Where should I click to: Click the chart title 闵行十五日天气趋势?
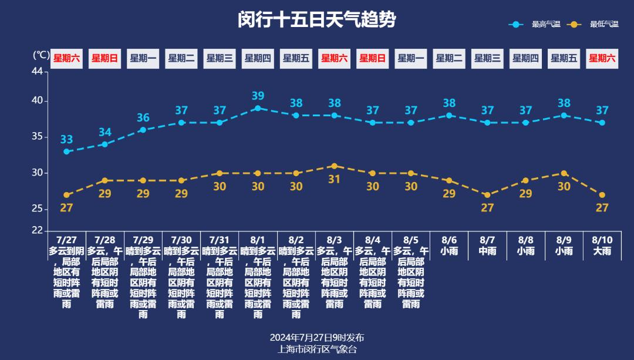coord(317,20)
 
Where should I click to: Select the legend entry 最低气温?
coord(604,24)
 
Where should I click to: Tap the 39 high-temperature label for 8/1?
coord(258,96)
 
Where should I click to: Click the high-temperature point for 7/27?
coord(66,152)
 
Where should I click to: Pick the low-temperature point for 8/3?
coord(334,166)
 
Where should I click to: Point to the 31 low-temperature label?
coord(334,179)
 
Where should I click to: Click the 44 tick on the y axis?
coord(37,72)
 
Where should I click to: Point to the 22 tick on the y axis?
coord(37,231)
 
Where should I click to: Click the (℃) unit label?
coord(41,55)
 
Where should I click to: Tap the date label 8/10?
coord(602,240)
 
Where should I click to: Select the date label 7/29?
coord(143,240)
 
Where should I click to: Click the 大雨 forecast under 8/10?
coord(602,251)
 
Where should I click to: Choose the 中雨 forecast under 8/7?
coord(487,251)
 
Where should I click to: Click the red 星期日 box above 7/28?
coord(105,58)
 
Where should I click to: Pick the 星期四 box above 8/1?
coord(258,58)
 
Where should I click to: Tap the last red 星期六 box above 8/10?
coord(602,58)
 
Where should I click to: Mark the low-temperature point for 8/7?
coord(487,195)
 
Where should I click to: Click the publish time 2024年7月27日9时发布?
coord(317,338)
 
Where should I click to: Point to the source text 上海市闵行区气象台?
coord(317,349)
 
